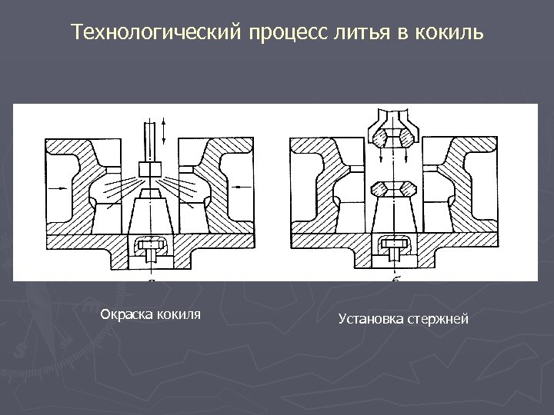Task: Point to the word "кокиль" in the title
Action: pyautogui.click(x=450, y=33)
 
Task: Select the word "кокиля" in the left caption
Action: pyautogui.click(x=177, y=314)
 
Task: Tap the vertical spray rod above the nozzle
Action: pyautogui.click(x=149, y=142)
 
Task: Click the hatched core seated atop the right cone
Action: pyautogui.click(x=392, y=188)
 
